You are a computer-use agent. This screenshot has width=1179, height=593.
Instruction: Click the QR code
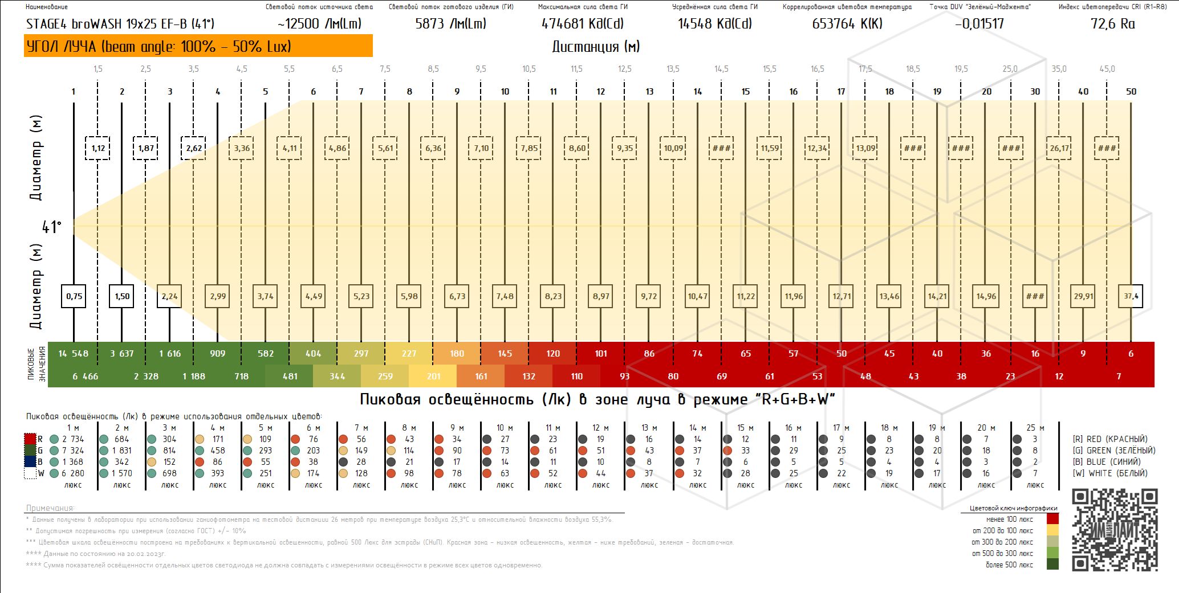pos(1115,530)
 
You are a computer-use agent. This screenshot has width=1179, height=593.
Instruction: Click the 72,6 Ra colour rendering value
pos(1112,24)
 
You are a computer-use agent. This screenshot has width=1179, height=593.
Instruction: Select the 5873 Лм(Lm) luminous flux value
pos(450,24)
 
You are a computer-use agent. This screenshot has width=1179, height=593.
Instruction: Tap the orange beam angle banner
pos(198,46)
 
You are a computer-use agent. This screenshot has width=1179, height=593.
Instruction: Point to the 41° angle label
pos(51,227)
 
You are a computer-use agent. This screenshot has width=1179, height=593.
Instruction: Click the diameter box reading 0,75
pos(74,296)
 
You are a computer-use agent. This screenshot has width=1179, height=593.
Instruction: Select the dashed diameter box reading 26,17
pos(1059,148)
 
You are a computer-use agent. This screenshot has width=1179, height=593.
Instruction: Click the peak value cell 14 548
pos(73,354)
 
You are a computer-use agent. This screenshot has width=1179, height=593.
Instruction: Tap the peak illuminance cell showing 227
pos(409,354)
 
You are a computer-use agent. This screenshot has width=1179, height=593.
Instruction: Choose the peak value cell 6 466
pos(86,377)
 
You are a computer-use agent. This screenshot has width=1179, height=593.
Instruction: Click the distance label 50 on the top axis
pos(1131,91)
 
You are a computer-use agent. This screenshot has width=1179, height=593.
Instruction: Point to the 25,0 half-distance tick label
pos(1010,69)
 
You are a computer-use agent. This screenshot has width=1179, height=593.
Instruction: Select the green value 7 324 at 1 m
pos(73,451)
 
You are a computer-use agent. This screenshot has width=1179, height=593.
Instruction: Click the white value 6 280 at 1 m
pos(73,473)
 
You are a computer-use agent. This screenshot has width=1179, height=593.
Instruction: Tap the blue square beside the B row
pos(30,462)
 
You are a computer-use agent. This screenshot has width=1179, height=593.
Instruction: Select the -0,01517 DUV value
pos(978,24)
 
